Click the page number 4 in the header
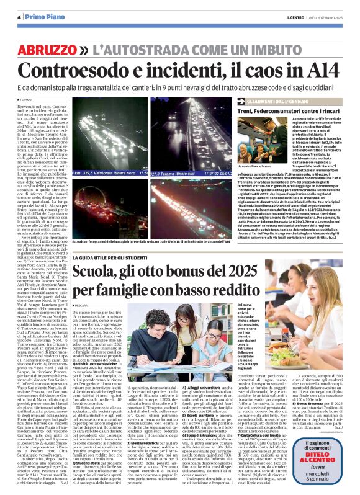pos(18,17)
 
